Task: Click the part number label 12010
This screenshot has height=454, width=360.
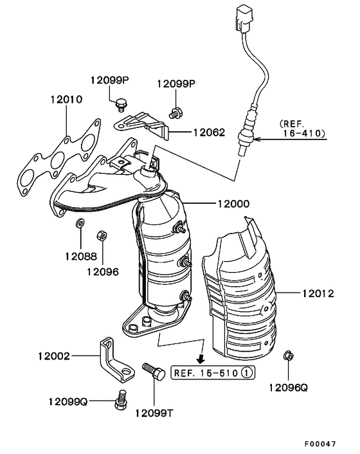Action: (66, 100)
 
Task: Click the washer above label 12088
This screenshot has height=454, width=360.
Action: (79, 223)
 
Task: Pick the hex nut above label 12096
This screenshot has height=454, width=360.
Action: (102, 234)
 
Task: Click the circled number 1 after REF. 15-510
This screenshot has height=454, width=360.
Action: (248, 372)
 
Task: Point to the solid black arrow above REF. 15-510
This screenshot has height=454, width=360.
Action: (201, 358)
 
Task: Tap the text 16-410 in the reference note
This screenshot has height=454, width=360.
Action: (304, 134)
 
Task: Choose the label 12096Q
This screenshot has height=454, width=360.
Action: (289, 387)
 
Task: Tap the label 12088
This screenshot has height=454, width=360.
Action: (80, 255)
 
